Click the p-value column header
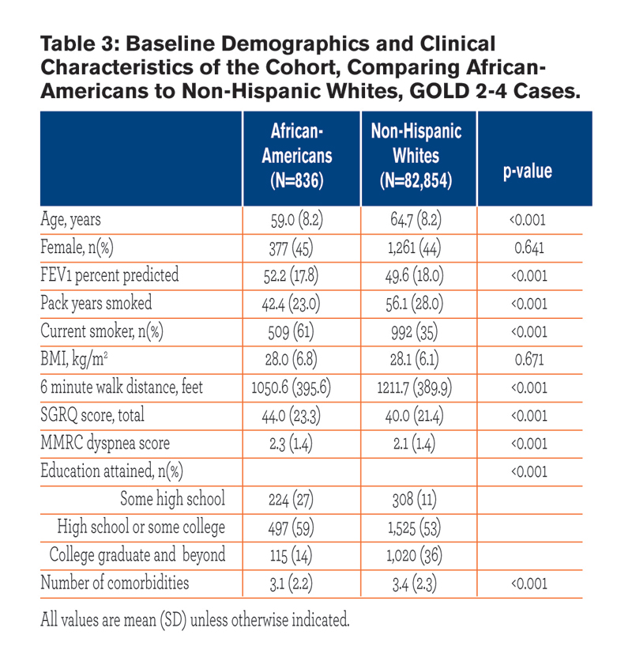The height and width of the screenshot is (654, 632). (528, 171)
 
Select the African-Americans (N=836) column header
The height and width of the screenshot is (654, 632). (297, 156)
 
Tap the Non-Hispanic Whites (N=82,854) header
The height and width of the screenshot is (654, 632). (416, 156)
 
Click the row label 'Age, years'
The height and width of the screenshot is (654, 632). (70, 220)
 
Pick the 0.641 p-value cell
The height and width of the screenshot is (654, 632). (529, 248)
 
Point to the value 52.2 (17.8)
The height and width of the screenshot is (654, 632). (291, 276)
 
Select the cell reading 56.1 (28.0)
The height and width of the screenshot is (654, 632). (415, 304)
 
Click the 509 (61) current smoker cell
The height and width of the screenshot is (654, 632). (291, 331)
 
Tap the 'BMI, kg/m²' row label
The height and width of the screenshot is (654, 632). (74, 359)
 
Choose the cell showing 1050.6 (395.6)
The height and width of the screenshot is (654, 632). (291, 387)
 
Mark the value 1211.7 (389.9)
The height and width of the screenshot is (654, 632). (415, 387)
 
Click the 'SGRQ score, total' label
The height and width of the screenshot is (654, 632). (92, 415)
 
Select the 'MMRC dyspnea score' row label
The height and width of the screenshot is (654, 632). (105, 443)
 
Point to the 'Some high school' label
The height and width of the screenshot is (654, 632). (172, 499)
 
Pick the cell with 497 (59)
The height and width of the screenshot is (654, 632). (291, 527)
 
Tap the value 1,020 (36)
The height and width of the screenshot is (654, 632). (415, 556)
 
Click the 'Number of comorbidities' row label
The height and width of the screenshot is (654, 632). (115, 583)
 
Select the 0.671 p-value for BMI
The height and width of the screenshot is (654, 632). (529, 360)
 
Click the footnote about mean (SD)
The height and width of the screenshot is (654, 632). (195, 620)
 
